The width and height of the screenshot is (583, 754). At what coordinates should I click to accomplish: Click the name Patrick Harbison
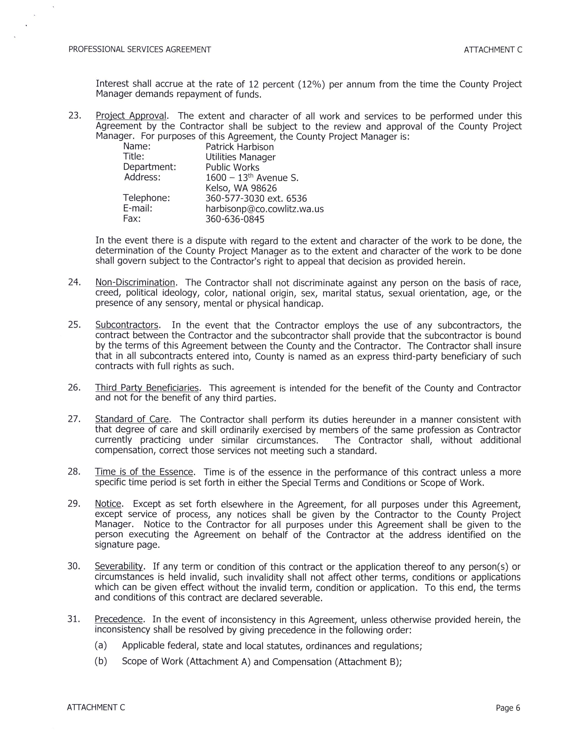tap(239, 147)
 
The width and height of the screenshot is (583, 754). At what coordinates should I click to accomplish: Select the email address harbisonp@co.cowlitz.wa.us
tap(265, 209)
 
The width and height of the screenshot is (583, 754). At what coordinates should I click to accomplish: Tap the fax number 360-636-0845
tap(235, 219)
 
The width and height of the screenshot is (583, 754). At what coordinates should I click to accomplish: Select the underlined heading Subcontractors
tap(127, 325)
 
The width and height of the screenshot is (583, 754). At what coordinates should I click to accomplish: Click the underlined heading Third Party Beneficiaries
tap(147, 388)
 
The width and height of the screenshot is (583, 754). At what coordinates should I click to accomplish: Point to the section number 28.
tap(74, 472)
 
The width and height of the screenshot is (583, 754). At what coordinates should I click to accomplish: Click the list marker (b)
tap(101, 661)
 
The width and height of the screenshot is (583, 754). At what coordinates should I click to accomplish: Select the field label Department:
tap(150, 167)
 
